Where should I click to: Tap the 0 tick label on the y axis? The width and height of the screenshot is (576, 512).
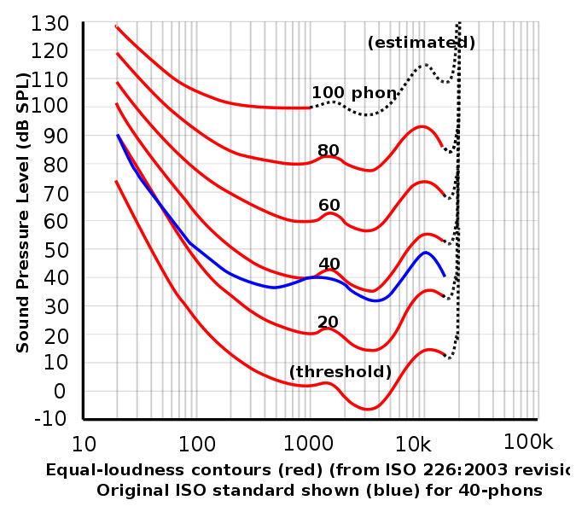pyautogui.click(x=61, y=391)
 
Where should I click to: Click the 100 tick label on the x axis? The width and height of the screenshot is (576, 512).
pyautogui.click(x=196, y=443)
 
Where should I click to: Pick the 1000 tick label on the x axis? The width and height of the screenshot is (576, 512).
pyautogui.click(x=308, y=443)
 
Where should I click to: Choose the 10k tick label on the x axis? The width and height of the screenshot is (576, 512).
pyautogui.click(x=420, y=443)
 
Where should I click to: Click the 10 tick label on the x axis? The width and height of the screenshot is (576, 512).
pyautogui.click(x=84, y=443)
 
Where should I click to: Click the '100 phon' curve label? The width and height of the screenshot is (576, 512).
pyautogui.click(x=354, y=92)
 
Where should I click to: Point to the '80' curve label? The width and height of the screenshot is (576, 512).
pyautogui.click(x=329, y=150)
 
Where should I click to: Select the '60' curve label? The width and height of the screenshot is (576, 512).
pyautogui.click(x=329, y=205)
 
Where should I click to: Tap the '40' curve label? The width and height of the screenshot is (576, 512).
pyautogui.click(x=329, y=264)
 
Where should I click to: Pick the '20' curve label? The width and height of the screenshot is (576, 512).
pyautogui.click(x=329, y=322)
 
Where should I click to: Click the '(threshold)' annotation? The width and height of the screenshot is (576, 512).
pyautogui.click(x=340, y=372)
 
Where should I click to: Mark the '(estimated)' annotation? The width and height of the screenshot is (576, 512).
pyautogui.click(x=421, y=43)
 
